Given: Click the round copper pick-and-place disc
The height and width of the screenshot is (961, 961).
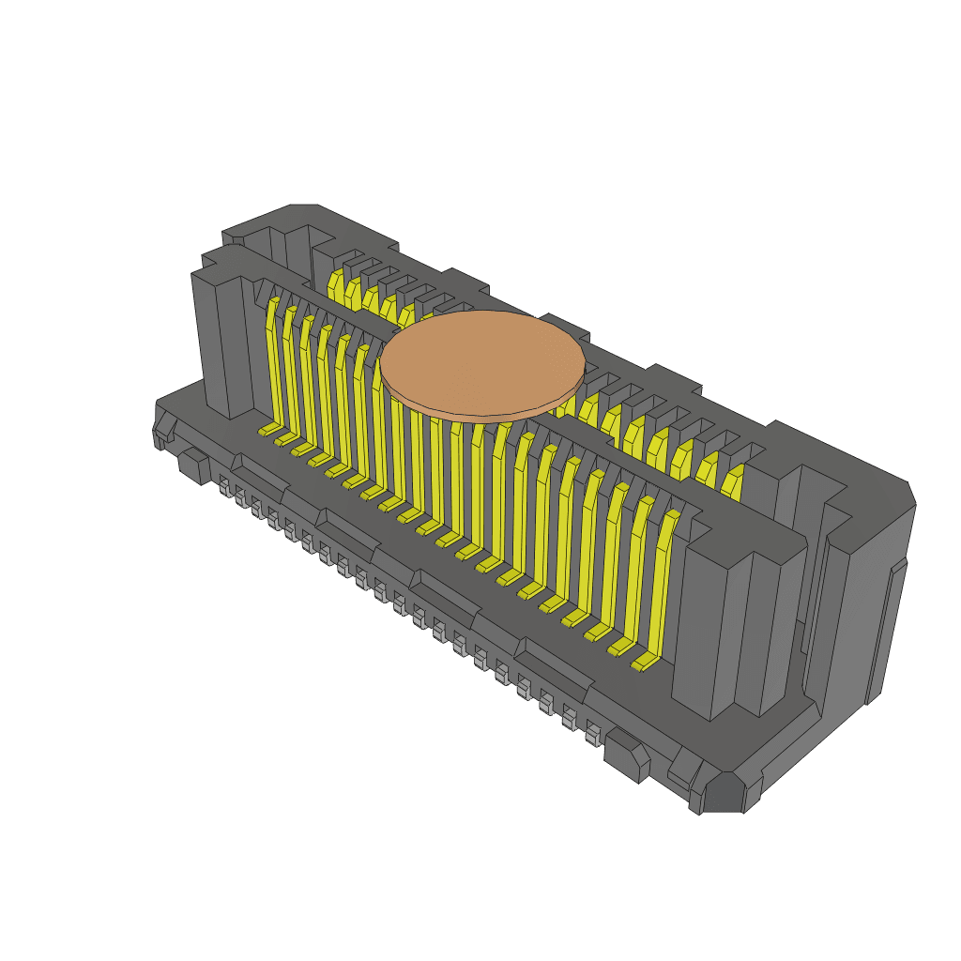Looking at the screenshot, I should tap(481, 360).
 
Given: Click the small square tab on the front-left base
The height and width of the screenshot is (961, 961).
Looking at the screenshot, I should tap(193, 465).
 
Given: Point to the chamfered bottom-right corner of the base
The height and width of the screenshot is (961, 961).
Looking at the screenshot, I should tap(724, 793).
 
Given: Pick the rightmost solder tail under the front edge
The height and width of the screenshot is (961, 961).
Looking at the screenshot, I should tap(592, 732).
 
